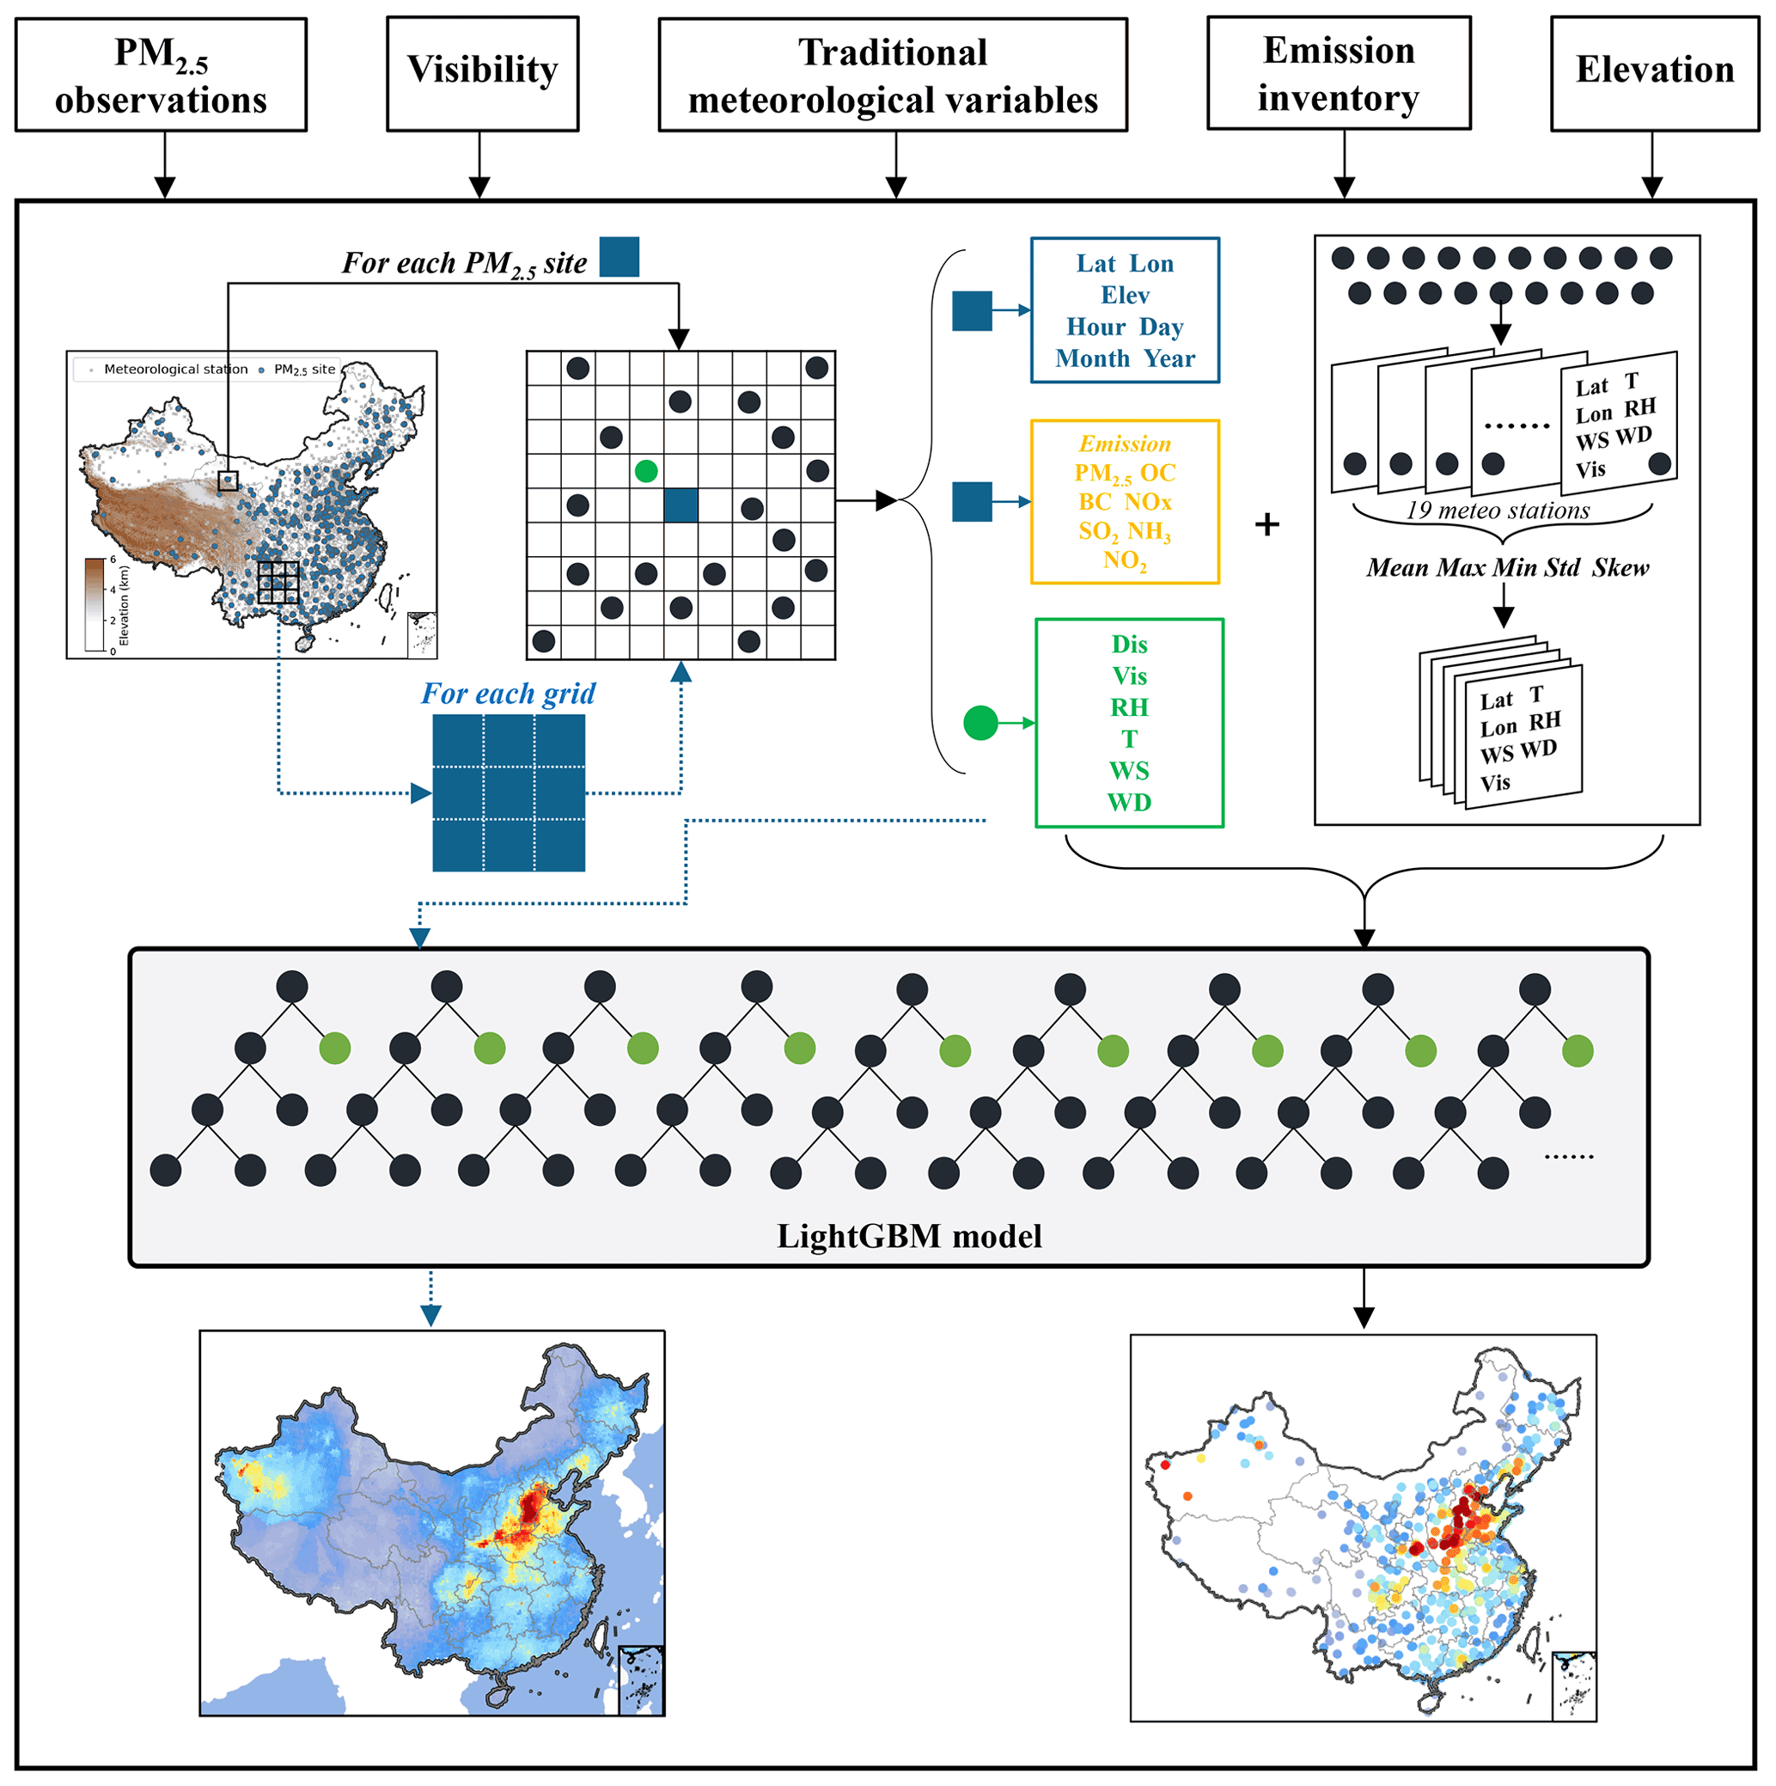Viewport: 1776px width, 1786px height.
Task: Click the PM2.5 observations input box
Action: point(161,75)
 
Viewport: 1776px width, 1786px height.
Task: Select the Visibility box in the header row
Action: point(482,73)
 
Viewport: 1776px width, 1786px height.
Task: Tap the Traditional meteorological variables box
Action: point(893,75)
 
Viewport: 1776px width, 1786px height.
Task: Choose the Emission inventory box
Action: point(1338,73)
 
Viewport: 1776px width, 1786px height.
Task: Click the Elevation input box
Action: point(1654,73)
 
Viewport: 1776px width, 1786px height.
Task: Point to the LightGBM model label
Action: point(909,1236)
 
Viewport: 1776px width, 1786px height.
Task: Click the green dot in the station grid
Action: point(646,472)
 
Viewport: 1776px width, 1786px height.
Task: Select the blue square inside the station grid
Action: point(681,505)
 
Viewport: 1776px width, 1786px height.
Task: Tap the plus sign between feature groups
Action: point(1266,525)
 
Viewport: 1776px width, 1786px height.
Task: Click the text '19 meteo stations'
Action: point(1497,511)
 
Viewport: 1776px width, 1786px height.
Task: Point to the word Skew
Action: point(1620,567)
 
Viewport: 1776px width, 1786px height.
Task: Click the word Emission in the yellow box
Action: point(1125,443)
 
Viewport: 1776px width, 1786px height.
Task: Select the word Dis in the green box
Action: point(1129,645)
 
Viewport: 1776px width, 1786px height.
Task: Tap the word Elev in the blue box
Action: point(1125,295)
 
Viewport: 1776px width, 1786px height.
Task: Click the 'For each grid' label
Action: point(508,694)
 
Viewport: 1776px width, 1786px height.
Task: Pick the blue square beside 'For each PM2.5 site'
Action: point(619,257)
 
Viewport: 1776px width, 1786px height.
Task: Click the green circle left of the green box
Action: point(980,722)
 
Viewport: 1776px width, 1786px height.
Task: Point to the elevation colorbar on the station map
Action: point(95,605)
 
